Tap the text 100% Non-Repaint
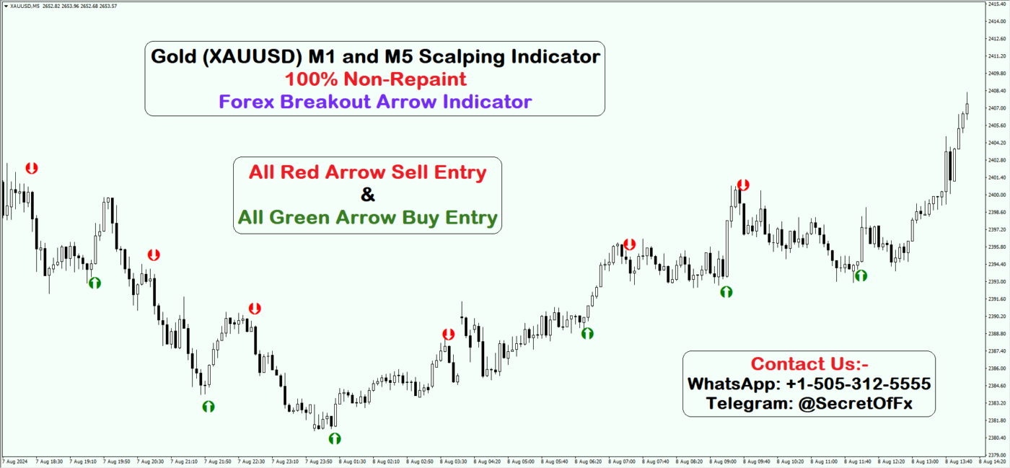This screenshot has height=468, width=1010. point(375,79)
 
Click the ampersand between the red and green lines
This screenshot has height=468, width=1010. point(367,195)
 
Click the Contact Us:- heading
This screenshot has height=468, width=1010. point(809,363)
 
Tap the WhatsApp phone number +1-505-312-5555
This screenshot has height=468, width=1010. point(858,384)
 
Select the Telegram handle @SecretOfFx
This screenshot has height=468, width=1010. point(855,403)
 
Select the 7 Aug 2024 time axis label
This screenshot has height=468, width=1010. point(14,461)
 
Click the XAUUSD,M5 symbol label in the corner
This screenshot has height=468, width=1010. point(25,6)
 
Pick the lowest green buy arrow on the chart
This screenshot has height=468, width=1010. point(335,438)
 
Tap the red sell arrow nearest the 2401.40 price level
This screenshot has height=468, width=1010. point(743,185)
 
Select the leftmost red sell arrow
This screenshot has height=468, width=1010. point(32,168)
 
